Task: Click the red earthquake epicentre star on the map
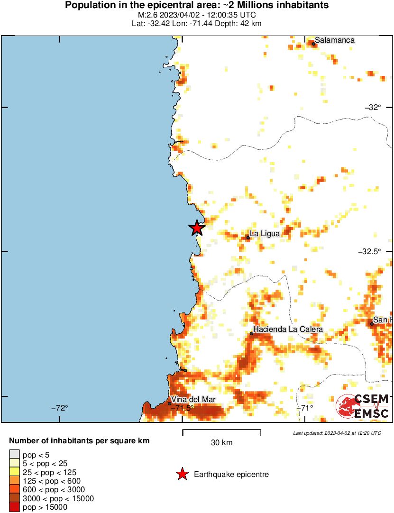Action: tap(197, 228)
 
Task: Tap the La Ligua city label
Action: tap(265, 233)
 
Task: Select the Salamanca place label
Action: tap(335, 40)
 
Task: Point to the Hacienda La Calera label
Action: tap(288, 329)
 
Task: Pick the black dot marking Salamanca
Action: tap(313, 44)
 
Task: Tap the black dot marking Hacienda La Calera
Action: tap(251, 334)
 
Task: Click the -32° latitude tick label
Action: tap(373, 107)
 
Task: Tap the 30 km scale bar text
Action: tap(221, 443)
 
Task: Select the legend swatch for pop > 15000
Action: tap(15, 507)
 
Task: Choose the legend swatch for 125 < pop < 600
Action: tap(15, 481)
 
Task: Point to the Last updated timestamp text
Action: tap(337, 433)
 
